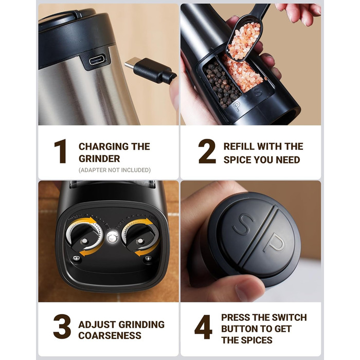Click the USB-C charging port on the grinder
click(98, 60)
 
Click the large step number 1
click(61, 151)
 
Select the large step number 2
click(207, 151)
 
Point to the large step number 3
click(62, 327)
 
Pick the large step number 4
click(204, 327)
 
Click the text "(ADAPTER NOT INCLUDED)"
click(115, 170)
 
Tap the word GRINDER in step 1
click(99, 158)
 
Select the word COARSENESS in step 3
click(110, 335)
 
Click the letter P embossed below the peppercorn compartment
click(237, 106)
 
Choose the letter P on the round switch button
click(274, 244)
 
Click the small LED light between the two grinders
click(113, 238)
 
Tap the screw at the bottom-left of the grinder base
click(77, 258)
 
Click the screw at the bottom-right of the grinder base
click(148, 258)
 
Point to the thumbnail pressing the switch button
click(247, 288)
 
